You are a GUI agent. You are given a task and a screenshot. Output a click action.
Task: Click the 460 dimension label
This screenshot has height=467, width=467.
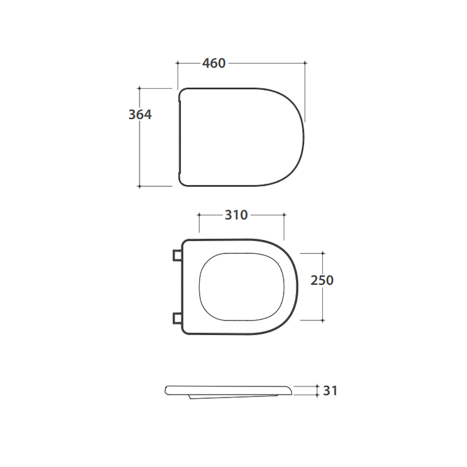(214, 63)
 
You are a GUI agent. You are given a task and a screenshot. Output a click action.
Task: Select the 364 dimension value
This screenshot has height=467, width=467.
(140, 115)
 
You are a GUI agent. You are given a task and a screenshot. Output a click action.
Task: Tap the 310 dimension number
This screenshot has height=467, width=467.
(236, 215)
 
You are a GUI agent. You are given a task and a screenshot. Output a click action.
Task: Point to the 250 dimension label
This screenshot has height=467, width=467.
(322, 280)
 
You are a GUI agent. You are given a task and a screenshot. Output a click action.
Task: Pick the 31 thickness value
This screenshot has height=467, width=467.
(330, 390)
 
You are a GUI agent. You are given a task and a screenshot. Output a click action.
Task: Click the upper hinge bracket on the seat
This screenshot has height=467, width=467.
(177, 255)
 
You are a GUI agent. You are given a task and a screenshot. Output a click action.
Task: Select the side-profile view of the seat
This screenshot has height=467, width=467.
(229, 392)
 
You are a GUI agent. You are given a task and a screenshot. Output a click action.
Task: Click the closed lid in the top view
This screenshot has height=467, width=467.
(241, 137)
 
